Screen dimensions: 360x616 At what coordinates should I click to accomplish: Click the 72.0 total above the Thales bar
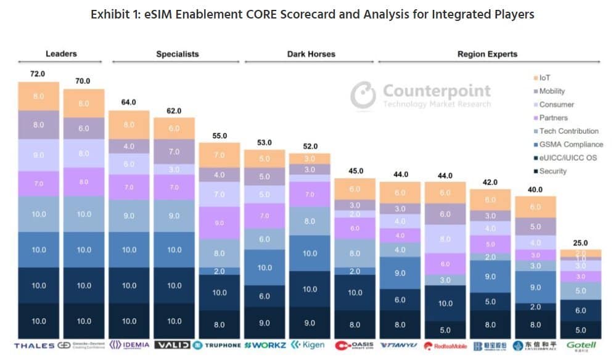click(x=38, y=74)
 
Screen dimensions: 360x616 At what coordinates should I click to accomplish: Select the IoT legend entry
click(x=544, y=78)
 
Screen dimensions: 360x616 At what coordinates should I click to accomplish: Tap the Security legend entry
click(x=552, y=171)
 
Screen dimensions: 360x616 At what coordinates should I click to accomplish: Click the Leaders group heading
click(x=61, y=54)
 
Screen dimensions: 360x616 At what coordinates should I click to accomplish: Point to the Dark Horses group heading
click(x=311, y=54)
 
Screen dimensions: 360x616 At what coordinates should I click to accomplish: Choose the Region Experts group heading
click(x=487, y=54)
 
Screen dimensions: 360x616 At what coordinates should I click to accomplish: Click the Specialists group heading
click(x=177, y=54)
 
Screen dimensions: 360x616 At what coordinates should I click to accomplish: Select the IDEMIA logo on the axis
click(x=129, y=345)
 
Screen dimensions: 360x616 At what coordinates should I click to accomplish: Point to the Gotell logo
click(x=580, y=345)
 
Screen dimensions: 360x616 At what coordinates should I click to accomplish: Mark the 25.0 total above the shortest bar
click(x=580, y=243)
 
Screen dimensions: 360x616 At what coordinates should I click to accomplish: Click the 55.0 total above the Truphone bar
click(x=220, y=136)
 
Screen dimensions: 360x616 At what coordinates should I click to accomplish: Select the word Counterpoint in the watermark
click(x=437, y=91)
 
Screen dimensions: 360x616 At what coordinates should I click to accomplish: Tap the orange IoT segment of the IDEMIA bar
click(x=129, y=125)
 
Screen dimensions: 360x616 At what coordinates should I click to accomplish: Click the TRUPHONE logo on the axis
click(x=219, y=345)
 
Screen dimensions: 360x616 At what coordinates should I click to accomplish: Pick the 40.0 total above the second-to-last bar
click(x=535, y=189)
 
